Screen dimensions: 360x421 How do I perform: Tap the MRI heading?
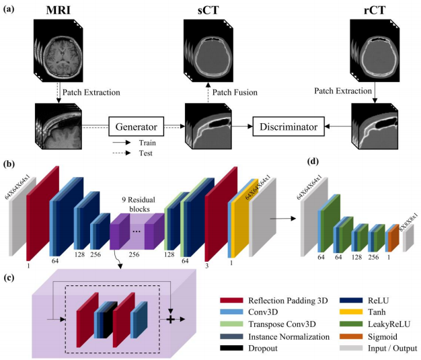pyautogui.click(x=58, y=11)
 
